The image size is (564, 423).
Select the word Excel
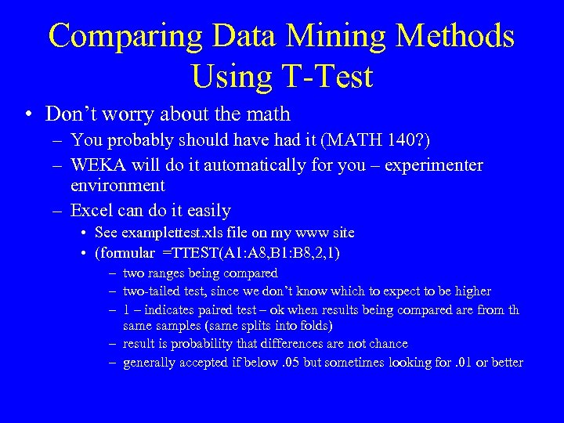(x=92, y=210)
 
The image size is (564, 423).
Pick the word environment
(x=117, y=186)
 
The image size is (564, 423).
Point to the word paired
(x=201, y=309)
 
